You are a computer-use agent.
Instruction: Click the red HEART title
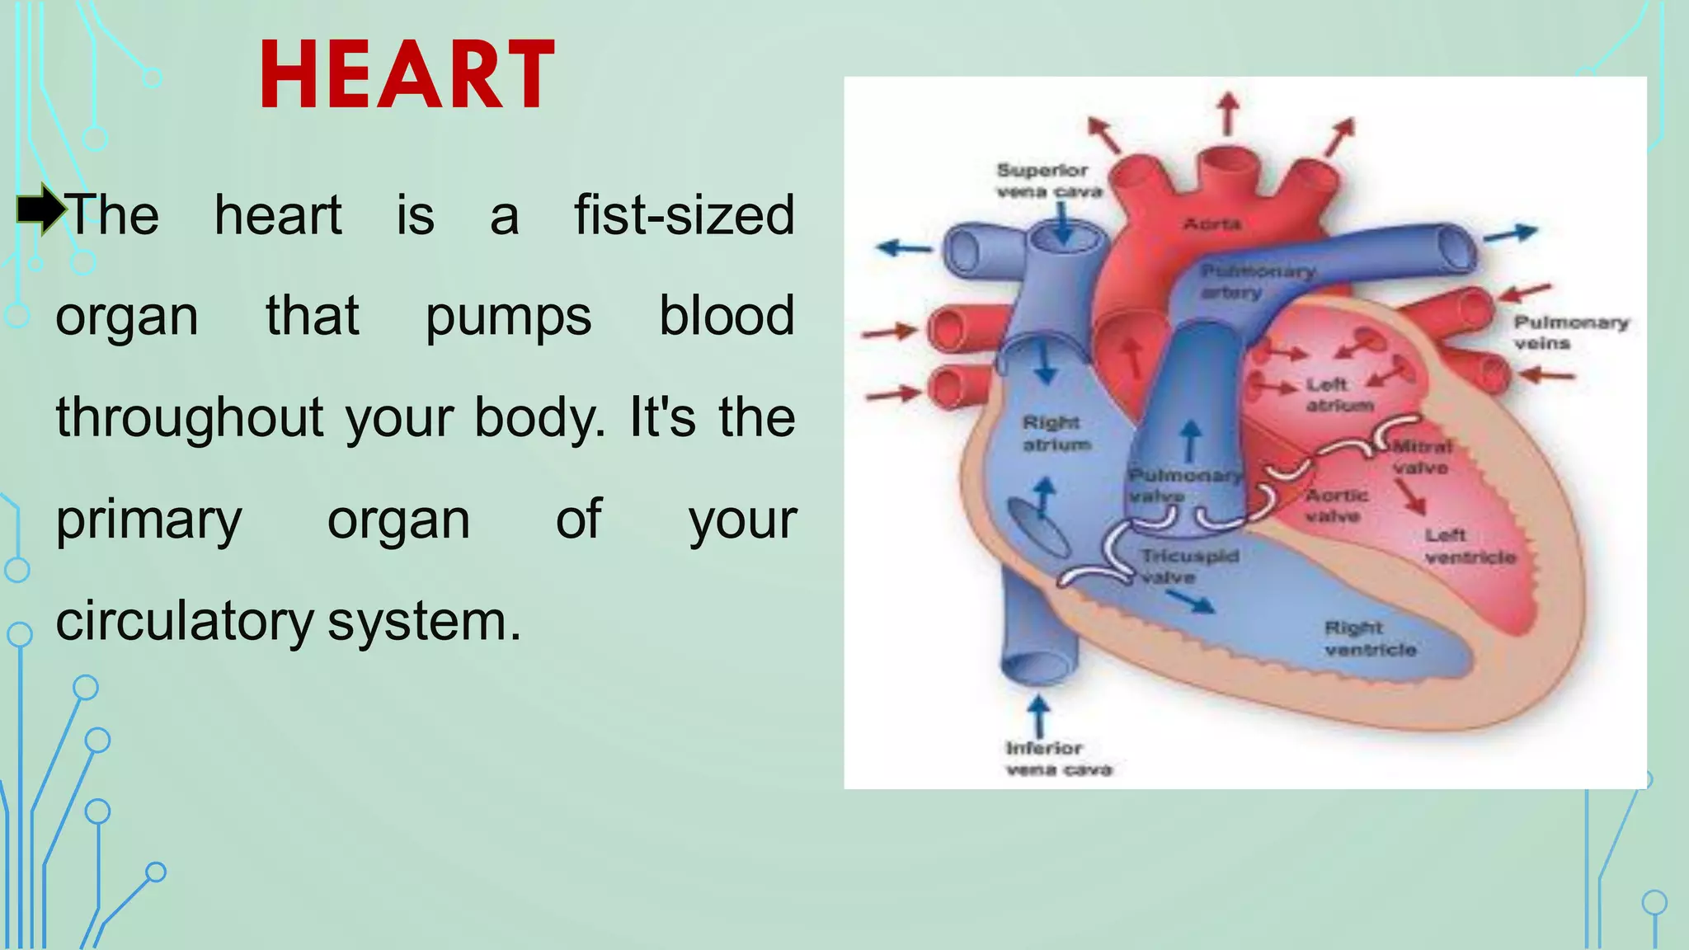pos(407,75)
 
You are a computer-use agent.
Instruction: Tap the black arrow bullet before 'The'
pos(40,209)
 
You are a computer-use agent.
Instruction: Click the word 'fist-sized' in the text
pos(684,215)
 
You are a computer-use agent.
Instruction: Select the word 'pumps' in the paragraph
pos(508,317)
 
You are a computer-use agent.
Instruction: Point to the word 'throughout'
pos(190,417)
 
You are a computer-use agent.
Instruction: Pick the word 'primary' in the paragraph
pos(149,520)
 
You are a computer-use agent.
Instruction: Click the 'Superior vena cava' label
pos(1047,181)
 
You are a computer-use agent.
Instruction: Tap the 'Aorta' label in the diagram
pos(1211,224)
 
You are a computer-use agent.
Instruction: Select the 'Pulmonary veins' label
pos(1570,332)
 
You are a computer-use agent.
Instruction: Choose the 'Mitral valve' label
pos(1422,457)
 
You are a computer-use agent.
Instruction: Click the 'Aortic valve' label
pos(1337,506)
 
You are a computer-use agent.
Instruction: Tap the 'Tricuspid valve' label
pos(1189,567)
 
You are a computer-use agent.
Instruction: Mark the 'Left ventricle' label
pos(1470,547)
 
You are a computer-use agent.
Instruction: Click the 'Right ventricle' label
pos(1370,639)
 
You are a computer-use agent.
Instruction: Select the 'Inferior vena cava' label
pos(1058,759)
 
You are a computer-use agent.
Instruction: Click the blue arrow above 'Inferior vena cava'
pos(1039,716)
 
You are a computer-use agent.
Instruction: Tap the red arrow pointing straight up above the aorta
pos(1229,113)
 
